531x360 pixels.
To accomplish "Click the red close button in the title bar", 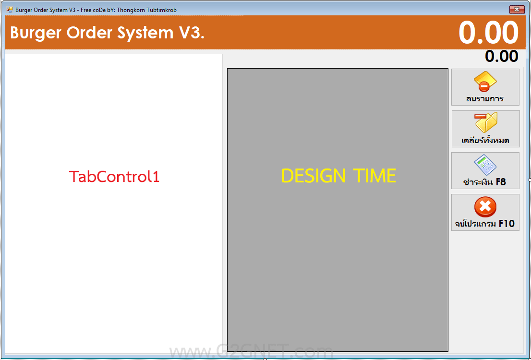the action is click(x=517, y=10).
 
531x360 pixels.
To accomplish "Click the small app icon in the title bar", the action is click(x=10, y=10).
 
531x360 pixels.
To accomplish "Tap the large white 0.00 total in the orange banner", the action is click(x=489, y=33).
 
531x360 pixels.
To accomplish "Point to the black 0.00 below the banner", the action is click(x=502, y=56).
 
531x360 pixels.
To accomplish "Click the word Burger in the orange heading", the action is click(x=36, y=33).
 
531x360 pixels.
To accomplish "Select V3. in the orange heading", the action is click(x=191, y=33).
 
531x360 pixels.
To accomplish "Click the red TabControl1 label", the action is click(x=114, y=177).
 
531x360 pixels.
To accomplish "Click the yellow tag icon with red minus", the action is click(x=485, y=81).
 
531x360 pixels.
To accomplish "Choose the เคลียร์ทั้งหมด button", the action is click(x=485, y=129).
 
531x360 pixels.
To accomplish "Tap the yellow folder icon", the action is click(x=486, y=122).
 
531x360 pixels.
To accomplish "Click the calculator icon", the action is click(x=485, y=165).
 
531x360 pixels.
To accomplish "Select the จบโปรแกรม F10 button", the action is click(x=485, y=212).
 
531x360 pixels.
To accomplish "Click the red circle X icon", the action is click(x=485, y=207).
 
